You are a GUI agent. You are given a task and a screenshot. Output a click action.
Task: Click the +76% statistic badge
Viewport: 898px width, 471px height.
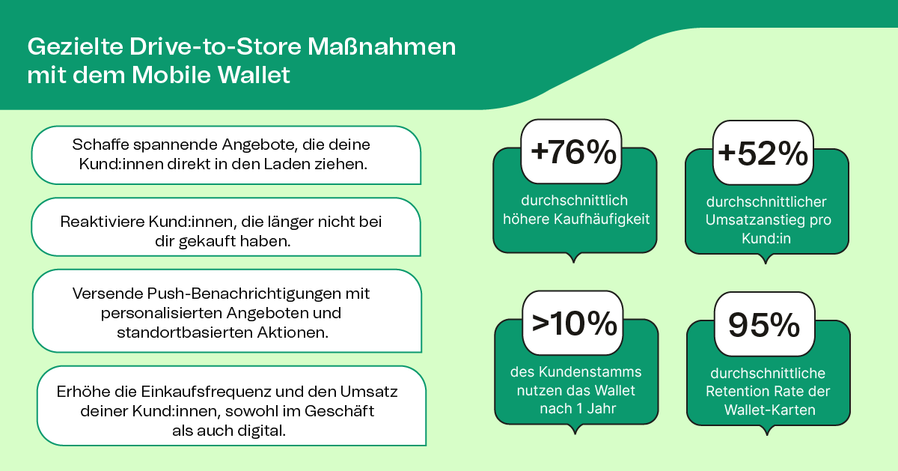(x=571, y=151)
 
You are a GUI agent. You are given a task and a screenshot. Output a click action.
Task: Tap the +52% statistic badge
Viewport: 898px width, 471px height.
(x=763, y=153)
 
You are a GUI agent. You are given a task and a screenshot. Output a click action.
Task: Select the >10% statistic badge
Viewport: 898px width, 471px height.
(x=573, y=323)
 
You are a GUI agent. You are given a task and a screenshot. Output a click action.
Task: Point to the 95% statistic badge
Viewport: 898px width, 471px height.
(x=765, y=324)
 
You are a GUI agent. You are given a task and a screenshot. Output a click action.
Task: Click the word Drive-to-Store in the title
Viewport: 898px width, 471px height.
(x=216, y=46)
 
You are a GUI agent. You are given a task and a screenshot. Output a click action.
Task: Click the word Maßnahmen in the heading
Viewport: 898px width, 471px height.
(x=382, y=46)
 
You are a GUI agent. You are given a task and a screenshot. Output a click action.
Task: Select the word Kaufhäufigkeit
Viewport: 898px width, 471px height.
(x=602, y=219)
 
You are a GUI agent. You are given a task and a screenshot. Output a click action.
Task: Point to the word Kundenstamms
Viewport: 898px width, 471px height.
(x=590, y=372)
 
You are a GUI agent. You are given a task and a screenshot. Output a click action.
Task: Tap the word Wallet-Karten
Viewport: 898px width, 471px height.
(x=770, y=410)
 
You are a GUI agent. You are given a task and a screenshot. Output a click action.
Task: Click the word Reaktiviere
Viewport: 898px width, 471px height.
(x=103, y=222)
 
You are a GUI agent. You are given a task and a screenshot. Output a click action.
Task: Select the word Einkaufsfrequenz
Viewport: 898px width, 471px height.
(x=206, y=392)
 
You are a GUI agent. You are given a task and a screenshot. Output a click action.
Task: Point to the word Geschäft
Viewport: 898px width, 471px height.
(x=339, y=411)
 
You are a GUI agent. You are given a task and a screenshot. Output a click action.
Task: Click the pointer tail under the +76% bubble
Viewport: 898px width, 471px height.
(x=574, y=258)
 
